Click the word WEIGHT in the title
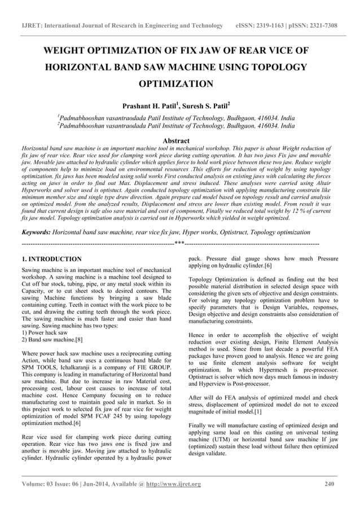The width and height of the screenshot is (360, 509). (x=72, y=51)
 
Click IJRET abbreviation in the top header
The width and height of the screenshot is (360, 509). (x=30, y=26)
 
